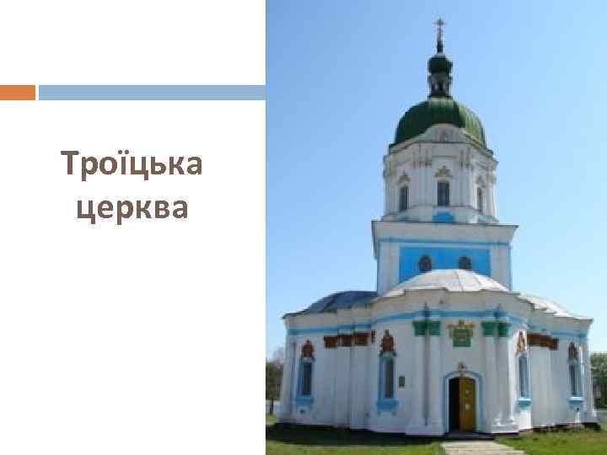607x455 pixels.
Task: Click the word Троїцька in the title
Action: pyautogui.click(x=132, y=164)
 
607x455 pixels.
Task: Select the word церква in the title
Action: pyautogui.click(x=132, y=206)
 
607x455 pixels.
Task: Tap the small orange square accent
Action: pyautogui.click(x=17, y=92)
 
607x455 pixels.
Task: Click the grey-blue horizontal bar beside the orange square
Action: pyautogui.click(x=152, y=92)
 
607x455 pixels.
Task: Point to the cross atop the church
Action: pyautogui.click(x=439, y=28)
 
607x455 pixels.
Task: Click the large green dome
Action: pyautogui.click(x=439, y=118)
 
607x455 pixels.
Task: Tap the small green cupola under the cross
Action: pyautogui.click(x=439, y=62)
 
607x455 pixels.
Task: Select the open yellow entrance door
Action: pyautogui.click(x=467, y=404)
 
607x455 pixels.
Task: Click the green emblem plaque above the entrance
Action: pyautogui.click(x=461, y=335)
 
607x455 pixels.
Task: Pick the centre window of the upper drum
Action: pyautogui.click(x=443, y=193)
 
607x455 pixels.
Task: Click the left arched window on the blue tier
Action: pyautogui.click(x=425, y=264)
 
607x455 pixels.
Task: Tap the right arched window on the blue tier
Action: pyautogui.click(x=465, y=263)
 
